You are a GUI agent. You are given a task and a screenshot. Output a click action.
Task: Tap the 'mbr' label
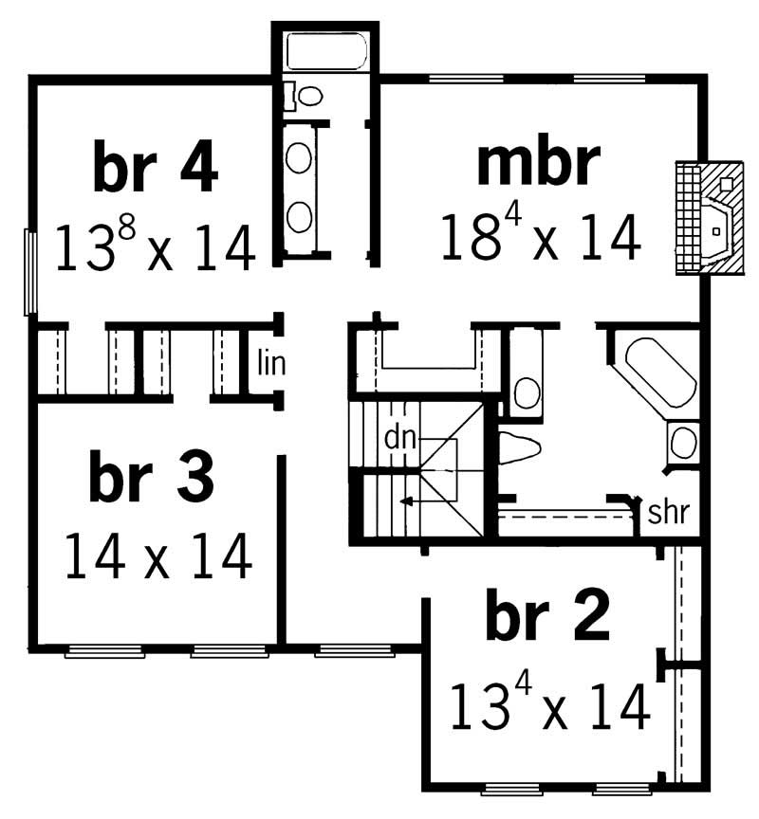(x=538, y=163)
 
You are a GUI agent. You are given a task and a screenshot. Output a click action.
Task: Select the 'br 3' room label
(x=152, y=480)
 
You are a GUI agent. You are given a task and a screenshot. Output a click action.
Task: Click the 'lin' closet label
(x=271, y=362)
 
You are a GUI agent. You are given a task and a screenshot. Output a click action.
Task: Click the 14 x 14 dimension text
(x=157, y=557)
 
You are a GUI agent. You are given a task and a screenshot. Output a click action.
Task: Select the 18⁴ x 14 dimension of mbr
(x=539, y=238)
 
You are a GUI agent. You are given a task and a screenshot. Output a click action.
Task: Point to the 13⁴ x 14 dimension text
(x=548, y=707)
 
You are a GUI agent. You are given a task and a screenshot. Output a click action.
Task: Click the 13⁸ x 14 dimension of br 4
(x=156, y=249)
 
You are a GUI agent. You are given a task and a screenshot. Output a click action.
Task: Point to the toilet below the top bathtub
(x=306, y=95)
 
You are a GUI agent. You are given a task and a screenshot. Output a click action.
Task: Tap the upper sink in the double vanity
(x=299, y=157)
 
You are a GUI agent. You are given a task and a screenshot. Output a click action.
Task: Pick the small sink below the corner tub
(x=683, y=442)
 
